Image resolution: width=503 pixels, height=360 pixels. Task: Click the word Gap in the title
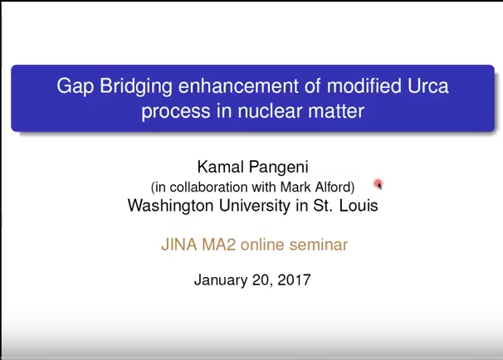pos(75,86)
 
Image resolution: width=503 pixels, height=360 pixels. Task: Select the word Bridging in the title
pos(136,86)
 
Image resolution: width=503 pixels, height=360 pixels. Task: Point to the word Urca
pos(428,86)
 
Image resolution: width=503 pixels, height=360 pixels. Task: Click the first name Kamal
pos(221,167)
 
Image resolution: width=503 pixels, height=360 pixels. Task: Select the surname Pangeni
pos(278,168)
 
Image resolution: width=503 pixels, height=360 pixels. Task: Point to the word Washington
pos(170,206)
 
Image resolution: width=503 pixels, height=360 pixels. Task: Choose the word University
pos(254,206)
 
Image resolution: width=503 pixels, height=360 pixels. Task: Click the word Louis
pos(359,205)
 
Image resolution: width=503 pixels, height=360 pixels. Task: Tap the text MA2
pos(219,245)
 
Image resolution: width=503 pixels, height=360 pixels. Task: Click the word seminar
pos(319,245)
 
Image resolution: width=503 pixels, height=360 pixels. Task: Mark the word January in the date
pos(221,280)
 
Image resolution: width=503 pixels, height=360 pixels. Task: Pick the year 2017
pos(294,280)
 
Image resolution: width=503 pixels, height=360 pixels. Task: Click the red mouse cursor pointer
pos(378,184)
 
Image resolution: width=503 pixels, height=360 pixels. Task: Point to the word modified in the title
pos(364,86)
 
